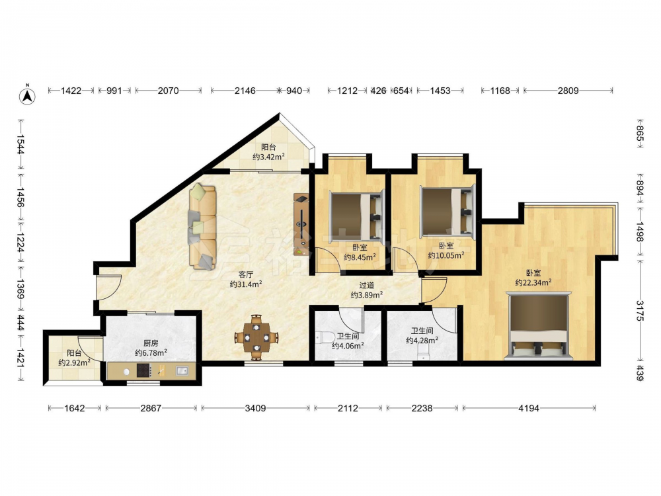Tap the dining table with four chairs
click(x=256, y=337)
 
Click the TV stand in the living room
click(x=301, y=225)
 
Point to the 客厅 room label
click(x=245, y=274)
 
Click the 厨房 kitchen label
click(x=151, y=343)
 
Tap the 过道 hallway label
click(x=366, y=286)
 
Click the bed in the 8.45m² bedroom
click(x=356, y=215)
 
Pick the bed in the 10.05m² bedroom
click(x=448, y=211)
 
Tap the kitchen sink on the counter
click(x=182, y=371)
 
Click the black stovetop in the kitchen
click(x=143, y=371)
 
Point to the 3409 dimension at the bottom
click(x=255, y=408)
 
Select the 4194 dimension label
click(x=529, y=408)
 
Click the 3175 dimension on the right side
click(x=640, y=310)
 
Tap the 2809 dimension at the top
click(x=568, y=90)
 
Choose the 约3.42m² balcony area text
click(x=268, y=157)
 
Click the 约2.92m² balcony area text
click(x=74, y=362)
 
